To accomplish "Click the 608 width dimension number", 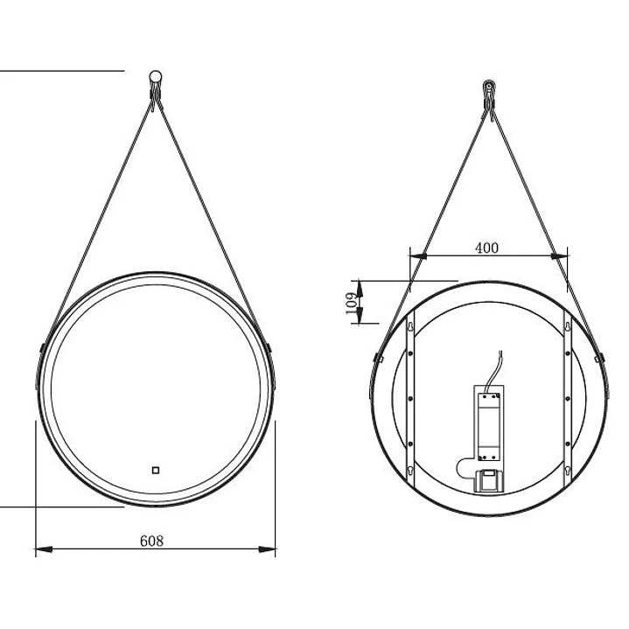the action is [151, 541].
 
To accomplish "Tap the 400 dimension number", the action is [486, 248].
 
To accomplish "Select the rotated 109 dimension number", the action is [351, 304].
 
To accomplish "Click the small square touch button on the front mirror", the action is [156, 470].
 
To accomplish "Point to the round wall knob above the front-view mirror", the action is [155, 77].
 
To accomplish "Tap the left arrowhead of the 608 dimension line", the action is [44, 549].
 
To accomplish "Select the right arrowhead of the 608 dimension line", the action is [267, 549].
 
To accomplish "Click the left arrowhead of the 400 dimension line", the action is [417, 255].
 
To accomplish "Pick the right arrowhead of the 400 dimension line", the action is [559, 255].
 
